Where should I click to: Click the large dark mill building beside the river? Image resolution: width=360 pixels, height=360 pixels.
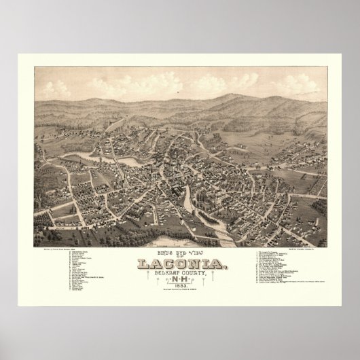click(182, 197)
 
